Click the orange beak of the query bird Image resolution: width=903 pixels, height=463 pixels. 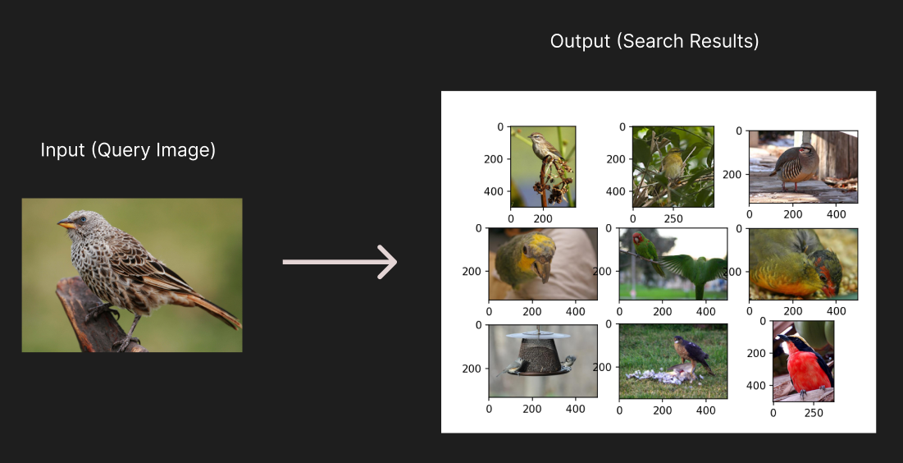pos(65,223)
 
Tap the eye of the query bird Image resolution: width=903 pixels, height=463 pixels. pos(82,219)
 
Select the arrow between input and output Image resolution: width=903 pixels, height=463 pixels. pos(340,262)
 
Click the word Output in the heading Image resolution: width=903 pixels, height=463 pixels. pos(579,41)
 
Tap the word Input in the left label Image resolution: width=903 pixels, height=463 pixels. pos(62,150)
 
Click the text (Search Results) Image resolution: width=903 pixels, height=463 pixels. pos(689,41)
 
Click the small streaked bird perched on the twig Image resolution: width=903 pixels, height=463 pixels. pos(542,149)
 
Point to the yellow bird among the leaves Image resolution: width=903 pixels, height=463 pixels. pos(673,164)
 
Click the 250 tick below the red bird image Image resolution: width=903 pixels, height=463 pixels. pos(814,414)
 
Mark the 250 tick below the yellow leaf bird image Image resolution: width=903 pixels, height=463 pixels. pos(673,220)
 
